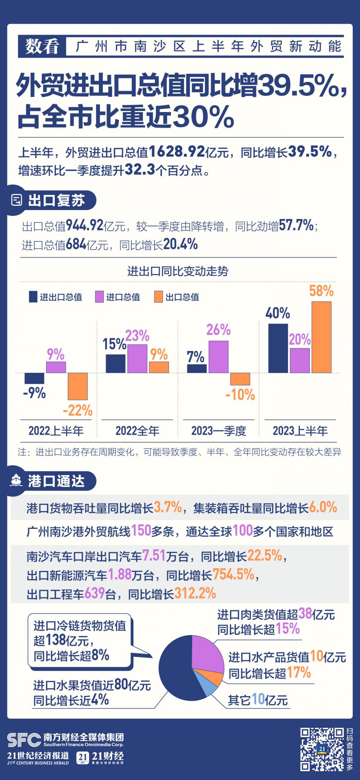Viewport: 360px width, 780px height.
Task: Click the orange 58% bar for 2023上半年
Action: (x=321, y=337)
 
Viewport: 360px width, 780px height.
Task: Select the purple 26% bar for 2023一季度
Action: (x=218, y=357)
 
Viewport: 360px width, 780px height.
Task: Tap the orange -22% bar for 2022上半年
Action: (x=78, y=386)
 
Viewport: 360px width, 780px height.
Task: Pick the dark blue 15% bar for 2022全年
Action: (x=116, y=364)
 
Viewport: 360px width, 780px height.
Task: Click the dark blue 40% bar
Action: (x=278, y=348)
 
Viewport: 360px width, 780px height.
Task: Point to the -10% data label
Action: (x=240, y=395)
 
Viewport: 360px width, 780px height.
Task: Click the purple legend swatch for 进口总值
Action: (x=99, y=297)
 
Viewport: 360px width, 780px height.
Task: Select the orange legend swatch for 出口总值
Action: (x=159, y=297)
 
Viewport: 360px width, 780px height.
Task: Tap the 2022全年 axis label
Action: (x=137, y=431)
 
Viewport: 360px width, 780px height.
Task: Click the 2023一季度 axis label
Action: (x=219, y=431)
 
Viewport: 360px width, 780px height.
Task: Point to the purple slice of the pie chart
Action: (x=206, y=654)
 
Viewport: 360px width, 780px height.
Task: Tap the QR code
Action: (x=322, y=749)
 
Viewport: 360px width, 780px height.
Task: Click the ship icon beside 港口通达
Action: (x=17, y=480)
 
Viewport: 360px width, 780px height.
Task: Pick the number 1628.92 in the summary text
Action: (x=177, y=152)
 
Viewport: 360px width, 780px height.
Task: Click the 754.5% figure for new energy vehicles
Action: (x=234, y=575)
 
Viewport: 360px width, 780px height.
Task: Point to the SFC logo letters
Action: (x=24, y=740)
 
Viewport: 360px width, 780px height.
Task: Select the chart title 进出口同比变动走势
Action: (x=178, y=271)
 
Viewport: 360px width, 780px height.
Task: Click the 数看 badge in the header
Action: (x=42, y=46)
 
